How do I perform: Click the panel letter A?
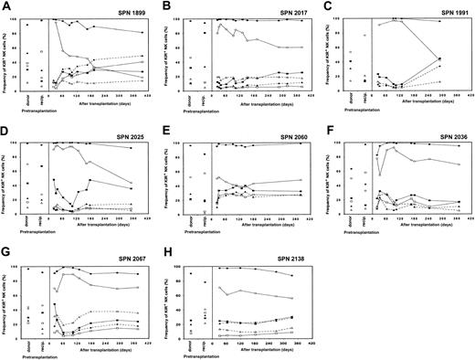point(6,6)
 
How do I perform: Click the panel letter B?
point(165,6)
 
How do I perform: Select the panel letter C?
point(322,6)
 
